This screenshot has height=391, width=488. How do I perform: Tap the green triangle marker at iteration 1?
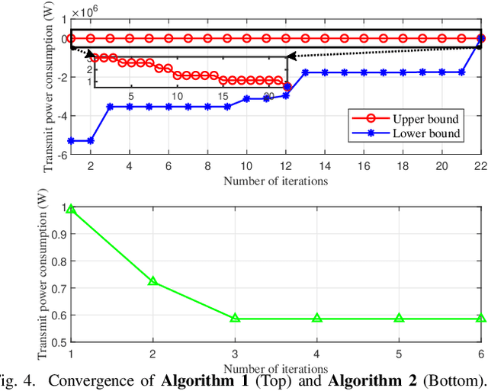click(71, 209)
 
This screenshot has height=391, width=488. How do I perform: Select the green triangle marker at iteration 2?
click(152, 281)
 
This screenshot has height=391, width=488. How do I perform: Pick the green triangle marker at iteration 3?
click(235, 318)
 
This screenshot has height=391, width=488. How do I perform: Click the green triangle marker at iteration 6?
click(480, 318)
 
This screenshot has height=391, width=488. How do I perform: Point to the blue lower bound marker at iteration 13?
click(305, 72)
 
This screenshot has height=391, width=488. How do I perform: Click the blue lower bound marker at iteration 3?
click(110, 107)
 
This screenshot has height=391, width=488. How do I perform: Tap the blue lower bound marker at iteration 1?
click(71, 140)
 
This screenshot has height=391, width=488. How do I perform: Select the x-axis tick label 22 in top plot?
click(480, 166)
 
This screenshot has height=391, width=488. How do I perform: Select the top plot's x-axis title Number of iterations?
click(275, 181)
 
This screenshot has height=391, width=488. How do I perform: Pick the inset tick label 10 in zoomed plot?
click(177, 95)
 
